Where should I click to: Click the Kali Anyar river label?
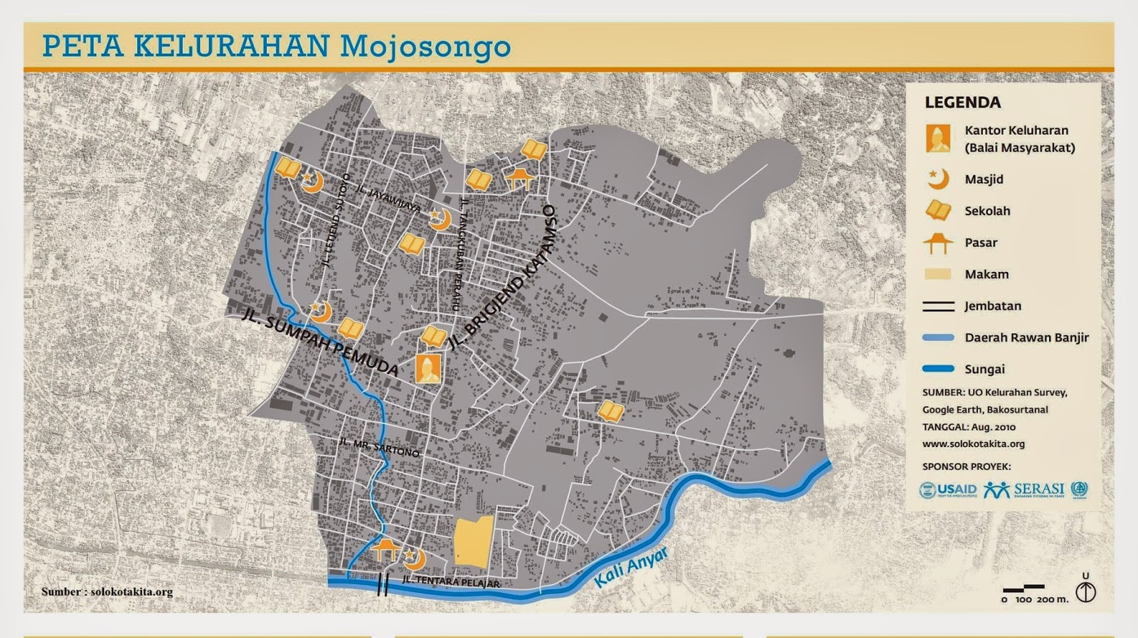point(631,567)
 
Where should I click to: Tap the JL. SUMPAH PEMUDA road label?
point(320,342)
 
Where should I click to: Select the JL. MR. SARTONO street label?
point(379,446)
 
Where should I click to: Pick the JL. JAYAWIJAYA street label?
point(388,200)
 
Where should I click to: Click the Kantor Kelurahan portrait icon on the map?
point(428,368)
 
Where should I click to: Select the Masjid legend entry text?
point(984,179)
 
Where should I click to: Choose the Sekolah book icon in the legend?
point(938,211)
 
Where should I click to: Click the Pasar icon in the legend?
point(937,243)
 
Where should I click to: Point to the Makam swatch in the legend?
point(938,274)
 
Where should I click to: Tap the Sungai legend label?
point(984,369)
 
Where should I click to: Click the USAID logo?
point(948,490)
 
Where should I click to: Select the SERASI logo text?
point(1038,490)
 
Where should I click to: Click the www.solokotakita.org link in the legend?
point(973,444)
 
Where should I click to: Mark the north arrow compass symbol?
point(1085,591)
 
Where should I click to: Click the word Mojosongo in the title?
point(425,46)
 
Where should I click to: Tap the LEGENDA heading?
point(962,103)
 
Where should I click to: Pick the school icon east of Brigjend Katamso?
point(610,411)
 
